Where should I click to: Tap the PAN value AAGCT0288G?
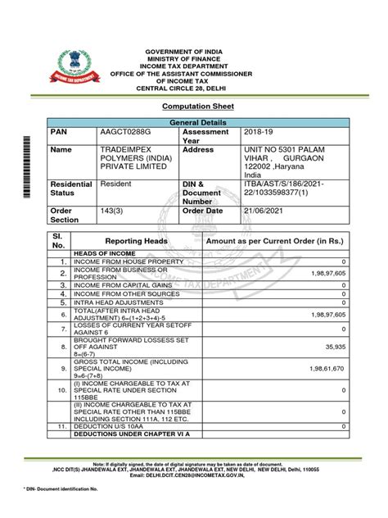(126, 131)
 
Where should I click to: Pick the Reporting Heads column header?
(137, 241)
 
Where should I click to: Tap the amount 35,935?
(334, 347)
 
